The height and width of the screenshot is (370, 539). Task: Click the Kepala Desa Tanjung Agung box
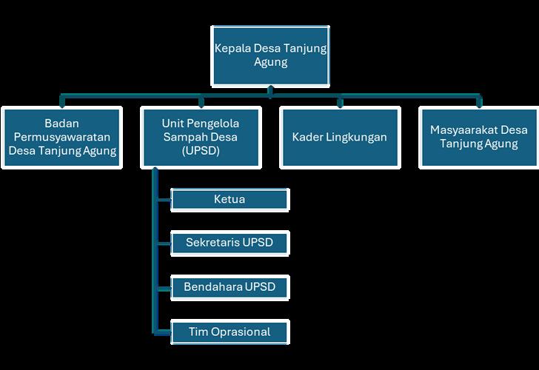270,55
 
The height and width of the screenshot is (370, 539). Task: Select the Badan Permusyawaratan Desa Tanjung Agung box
62,137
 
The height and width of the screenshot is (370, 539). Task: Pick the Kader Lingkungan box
339,137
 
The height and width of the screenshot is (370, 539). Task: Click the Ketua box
230,200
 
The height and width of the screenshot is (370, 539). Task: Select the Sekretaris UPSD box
230,243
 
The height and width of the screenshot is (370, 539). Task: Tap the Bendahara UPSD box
230,286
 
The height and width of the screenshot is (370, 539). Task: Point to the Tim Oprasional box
230,331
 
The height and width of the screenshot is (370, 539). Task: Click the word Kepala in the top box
231,49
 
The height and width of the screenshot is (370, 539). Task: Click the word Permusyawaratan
62,137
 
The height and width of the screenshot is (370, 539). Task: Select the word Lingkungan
355,137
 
